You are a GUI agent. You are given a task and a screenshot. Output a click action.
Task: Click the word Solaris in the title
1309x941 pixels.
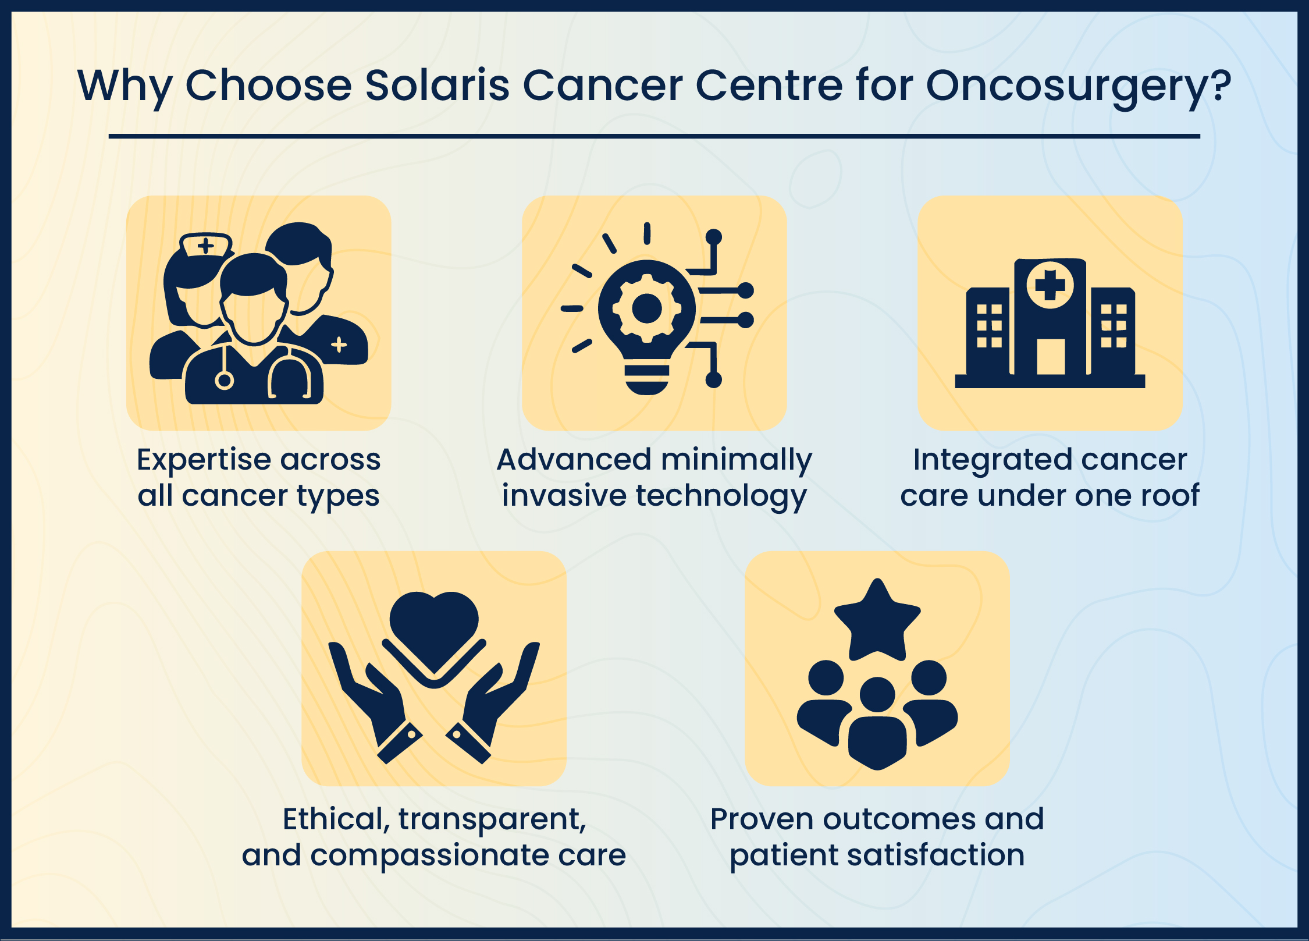click(437, 86)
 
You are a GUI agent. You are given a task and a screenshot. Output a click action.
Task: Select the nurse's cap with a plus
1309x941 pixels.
click(206, 244)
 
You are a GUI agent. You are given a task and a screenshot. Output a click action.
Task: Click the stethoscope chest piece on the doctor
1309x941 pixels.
click(224, 381)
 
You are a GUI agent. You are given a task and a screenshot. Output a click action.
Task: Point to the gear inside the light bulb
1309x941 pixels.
click(646, 308)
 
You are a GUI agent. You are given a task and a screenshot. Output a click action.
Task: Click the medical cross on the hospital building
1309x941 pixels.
click(1050, 285)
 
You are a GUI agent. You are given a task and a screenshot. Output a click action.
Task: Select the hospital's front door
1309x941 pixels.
click(1051, 357)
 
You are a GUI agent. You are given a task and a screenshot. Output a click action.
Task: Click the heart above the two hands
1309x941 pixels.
click(434, 628)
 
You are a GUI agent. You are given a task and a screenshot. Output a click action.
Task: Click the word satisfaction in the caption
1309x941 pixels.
click(935, 855)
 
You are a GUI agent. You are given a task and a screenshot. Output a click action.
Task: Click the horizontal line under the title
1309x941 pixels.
click(654, 136)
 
